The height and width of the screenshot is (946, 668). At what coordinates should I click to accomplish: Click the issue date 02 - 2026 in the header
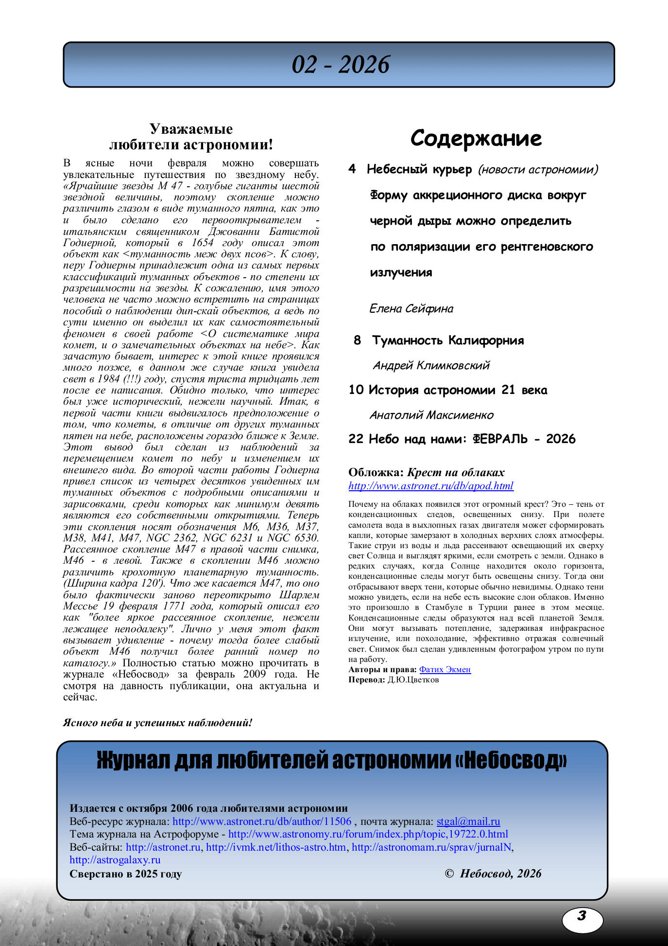[340, 65]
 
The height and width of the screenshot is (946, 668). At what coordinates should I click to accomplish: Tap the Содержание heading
[476, 138]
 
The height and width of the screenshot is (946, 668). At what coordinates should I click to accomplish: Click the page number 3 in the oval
[582, 916]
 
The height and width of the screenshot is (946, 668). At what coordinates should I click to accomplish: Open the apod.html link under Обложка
[430, 486]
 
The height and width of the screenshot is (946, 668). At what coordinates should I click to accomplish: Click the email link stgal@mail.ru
[468, 821]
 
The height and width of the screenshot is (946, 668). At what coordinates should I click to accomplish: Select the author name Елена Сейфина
[411, 308]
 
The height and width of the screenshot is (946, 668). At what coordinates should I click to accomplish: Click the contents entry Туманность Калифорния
[447, 340]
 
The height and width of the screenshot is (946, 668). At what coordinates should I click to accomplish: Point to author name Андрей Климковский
[431, 365]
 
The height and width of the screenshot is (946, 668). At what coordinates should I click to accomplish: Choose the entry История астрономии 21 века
[457, 390]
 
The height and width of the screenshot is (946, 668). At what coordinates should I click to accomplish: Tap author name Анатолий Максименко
[431, 415]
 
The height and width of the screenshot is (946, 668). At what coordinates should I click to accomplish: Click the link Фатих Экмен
[445, 670]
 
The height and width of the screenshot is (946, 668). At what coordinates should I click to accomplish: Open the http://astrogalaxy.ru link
[115, 860]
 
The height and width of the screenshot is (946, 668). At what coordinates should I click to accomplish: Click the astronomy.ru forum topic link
[368, 834]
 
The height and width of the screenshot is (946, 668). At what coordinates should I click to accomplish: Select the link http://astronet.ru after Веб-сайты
[163, 847]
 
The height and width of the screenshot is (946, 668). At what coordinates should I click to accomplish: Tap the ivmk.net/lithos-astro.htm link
[276, 847]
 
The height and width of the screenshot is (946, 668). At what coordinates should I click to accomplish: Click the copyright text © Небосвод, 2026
[493, 874]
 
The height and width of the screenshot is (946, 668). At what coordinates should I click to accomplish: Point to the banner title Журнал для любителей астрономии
[332, 761]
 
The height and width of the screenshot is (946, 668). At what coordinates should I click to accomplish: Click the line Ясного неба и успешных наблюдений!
[157, 723]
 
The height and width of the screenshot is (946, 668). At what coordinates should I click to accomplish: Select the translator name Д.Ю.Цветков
[412, 680]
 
